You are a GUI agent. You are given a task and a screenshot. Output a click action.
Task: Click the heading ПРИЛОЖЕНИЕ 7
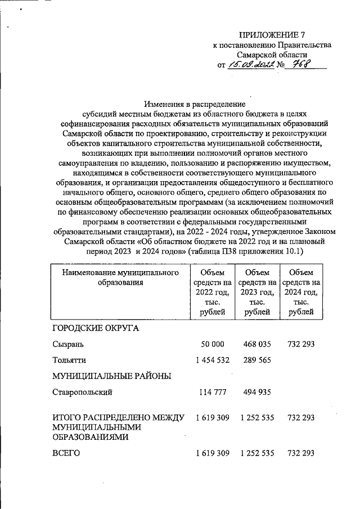point(272,34)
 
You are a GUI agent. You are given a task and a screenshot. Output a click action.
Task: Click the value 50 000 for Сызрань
point(212,344)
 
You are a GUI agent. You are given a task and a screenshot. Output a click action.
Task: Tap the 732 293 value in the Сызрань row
point(301,344)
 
